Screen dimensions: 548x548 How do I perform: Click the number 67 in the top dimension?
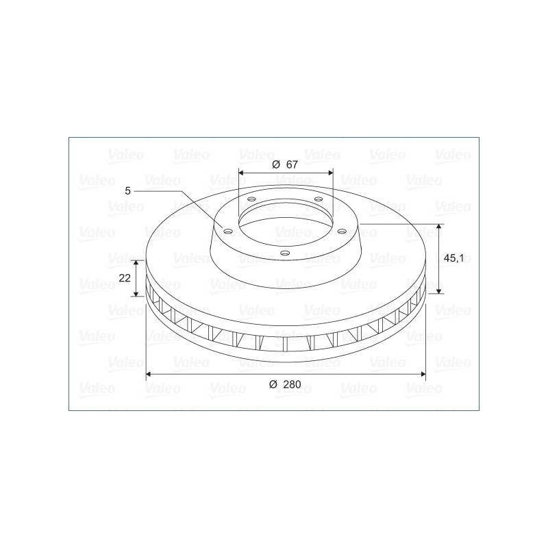pyautogui.click(x=292, y=164)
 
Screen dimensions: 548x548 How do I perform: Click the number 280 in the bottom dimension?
pyautogui.click(x=292, y=384)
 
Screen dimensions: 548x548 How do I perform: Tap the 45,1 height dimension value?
pyautogui.click(x=453, y=258)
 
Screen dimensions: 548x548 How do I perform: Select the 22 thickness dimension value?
pyautogui.click(x=125, y=278)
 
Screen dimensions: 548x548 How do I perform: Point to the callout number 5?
pyautogui.click(x=127, y=191)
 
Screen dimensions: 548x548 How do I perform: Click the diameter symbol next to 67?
pyautogui.click(x=276, y=164)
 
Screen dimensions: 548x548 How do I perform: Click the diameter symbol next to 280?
pyautogui.click(x=273, y=384)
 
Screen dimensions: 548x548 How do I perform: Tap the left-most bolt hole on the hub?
pyautogui.click(x=228, y=231)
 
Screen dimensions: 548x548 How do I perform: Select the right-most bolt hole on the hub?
pyautogui.click(x=342, y=231)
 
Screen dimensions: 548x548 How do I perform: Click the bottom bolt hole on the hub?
pyautogui.click(x=285, y=253)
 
